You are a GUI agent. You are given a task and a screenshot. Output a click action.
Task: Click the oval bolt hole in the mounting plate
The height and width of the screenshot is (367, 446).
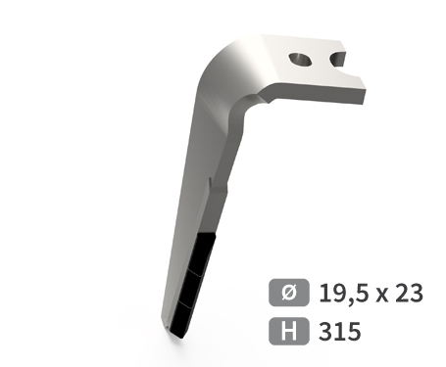tap(300, 60)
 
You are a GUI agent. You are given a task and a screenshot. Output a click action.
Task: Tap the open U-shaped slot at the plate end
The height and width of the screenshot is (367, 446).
tap(338, 59)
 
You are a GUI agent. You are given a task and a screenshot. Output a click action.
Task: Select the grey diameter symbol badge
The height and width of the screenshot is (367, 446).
tap(289, 293)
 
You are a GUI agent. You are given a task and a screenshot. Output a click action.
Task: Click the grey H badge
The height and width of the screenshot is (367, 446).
tap(289, 331)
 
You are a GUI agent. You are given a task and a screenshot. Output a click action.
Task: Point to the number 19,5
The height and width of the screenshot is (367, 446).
tap(344, 294)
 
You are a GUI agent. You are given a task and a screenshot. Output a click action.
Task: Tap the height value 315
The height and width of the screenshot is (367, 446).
tap(340, 331)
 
